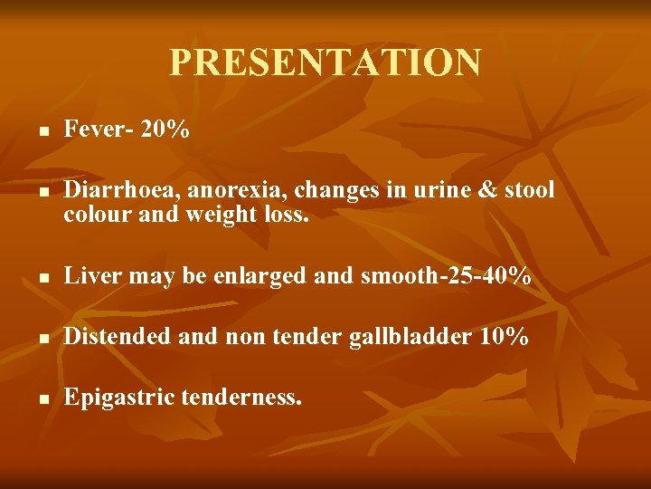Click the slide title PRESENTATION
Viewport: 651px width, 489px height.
pos(325,62)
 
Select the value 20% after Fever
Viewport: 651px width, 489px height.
pos(165,129)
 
